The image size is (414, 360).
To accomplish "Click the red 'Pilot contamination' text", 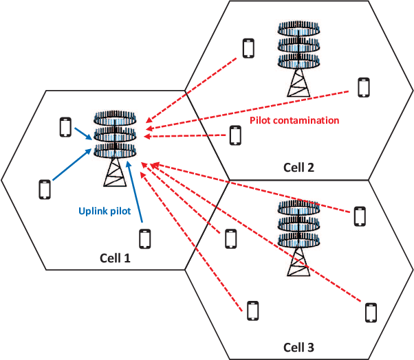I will click(294, 120).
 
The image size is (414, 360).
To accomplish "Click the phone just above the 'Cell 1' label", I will click(144, 239).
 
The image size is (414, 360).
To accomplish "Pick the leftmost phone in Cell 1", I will click(45, 189).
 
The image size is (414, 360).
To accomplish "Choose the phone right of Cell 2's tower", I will click(364, 87).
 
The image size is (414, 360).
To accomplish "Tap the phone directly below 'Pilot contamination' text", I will click(236, 136).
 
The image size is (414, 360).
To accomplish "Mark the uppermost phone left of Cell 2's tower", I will click(248, 48).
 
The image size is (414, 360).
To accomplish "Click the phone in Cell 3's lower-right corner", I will click(371, 312).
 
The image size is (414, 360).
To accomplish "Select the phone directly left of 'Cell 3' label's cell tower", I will click(231, 238).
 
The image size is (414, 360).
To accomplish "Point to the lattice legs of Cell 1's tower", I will click(115, 173).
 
